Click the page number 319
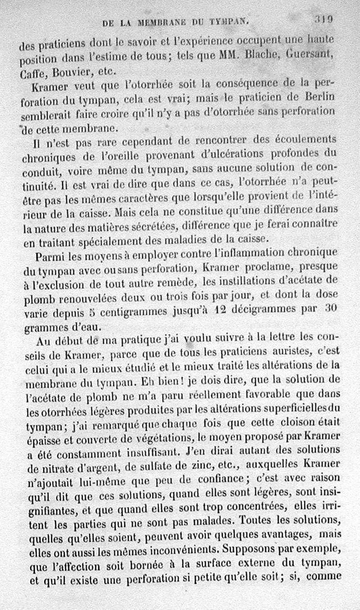pyautogui.click(x=324, y=19)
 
